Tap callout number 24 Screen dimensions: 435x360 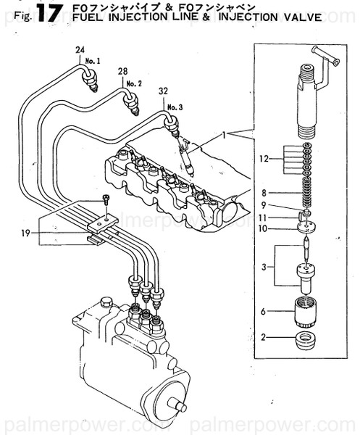point(80,49)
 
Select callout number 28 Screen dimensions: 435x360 point(122,70)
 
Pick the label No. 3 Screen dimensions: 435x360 point(175,107)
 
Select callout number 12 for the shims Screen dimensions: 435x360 point(266,158)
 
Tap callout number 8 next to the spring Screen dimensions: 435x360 point(266,194)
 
